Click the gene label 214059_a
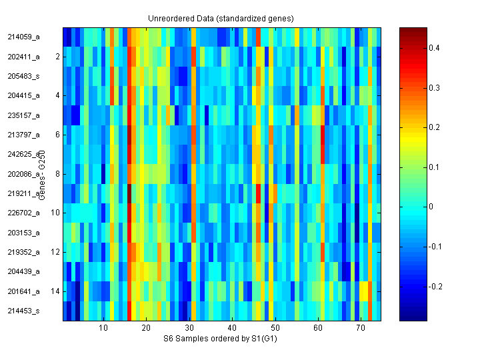[23, 37]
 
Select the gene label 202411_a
[23, 57]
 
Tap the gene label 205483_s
[23, 76]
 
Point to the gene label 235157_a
[23, 115]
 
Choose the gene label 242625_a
[23, 154]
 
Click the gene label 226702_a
[23, 213]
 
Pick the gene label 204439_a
[23, 271]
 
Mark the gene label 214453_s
[23, 311]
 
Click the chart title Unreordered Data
[221, 18]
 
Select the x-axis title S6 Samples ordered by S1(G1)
[221, 339]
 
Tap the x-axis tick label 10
[103, 329]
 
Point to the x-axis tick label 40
[231, 329]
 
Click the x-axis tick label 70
[360, 329]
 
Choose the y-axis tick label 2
[57, 57]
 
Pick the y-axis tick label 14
[55, 291]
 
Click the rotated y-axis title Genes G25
[41, 176]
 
